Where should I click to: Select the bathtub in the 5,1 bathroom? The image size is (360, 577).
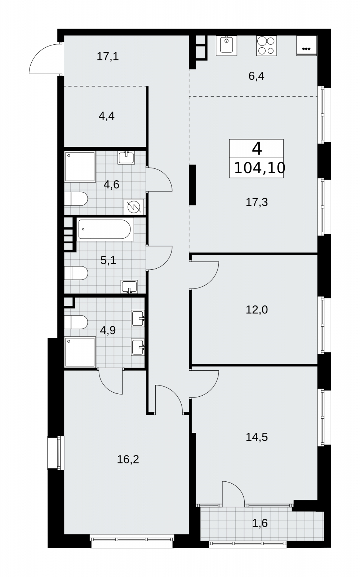tap(106, 229)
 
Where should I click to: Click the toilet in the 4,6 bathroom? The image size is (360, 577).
tap(76, 199)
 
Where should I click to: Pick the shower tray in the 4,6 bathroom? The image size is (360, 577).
tap(80, 167)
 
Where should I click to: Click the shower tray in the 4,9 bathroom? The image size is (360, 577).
tap(80, 352)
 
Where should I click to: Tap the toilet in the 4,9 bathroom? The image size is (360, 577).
tap(76, 322)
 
